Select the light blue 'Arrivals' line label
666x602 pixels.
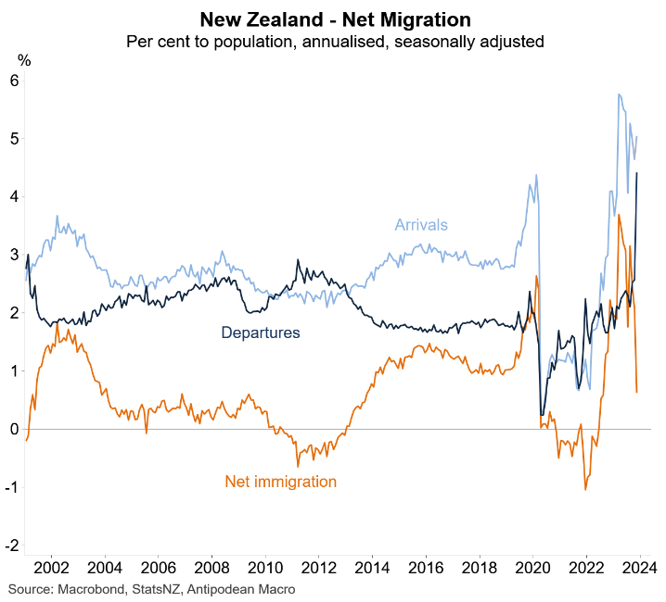421,225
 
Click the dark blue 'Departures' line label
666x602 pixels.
260,332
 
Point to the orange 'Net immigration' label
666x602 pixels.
280,482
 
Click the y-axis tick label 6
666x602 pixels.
15,81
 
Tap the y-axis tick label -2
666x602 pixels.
13,546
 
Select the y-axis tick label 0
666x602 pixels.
15,430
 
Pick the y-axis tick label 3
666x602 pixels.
15,255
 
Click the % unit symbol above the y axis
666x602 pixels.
24,60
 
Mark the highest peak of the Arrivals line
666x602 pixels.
618,94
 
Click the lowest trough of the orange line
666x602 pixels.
585,489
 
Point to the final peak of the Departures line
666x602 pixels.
636,172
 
